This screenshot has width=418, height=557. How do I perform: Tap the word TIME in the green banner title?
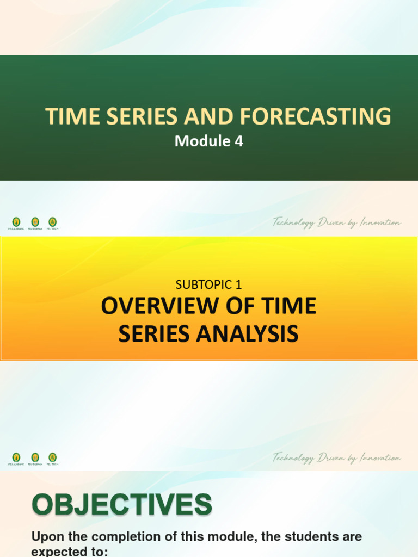(x=67, y=116)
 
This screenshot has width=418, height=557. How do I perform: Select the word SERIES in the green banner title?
(x=128, y=116)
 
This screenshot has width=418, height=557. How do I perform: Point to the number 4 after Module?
(x=238, y=142)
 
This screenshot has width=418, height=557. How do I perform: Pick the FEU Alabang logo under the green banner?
(x=16, y=222)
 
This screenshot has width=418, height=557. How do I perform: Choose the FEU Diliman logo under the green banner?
(x=35, y=222)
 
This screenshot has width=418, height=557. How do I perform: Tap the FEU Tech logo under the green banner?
(x=52, y=222)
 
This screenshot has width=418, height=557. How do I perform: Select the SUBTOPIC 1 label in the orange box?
(x=208, y=283)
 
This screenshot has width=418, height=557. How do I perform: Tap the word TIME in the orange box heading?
(x=291, y=306)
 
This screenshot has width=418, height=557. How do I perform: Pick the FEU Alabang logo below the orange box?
(x=16, y=458)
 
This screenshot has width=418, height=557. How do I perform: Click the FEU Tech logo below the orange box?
(x=52, y=458)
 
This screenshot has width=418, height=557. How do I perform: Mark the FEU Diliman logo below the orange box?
(x=35, y=458)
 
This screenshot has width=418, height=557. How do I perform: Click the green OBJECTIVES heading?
(x=122, y=505)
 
